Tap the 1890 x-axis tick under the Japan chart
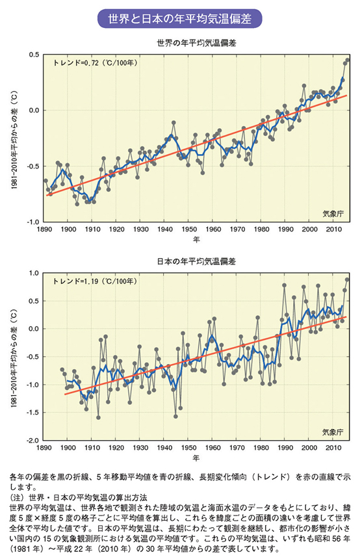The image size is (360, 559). click(45, 448)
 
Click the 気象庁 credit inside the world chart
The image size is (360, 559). click(333, 213)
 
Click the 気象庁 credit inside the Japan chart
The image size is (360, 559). click(333, 431)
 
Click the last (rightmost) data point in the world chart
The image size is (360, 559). click(348, 60)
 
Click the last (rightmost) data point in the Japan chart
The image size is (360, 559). click(348, 279)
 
